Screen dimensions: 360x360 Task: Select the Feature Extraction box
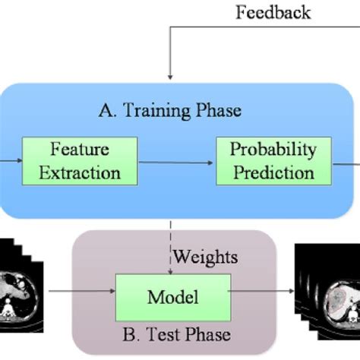[x=86, y=160]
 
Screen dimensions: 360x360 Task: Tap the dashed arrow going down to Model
[x=172, y=243]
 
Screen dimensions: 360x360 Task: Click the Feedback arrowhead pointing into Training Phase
[x=172, y=75]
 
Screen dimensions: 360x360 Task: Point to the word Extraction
[x=86, y=172]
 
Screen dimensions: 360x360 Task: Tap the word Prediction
[x=273, y=172]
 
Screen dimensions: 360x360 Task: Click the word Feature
[x=86, y=150]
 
